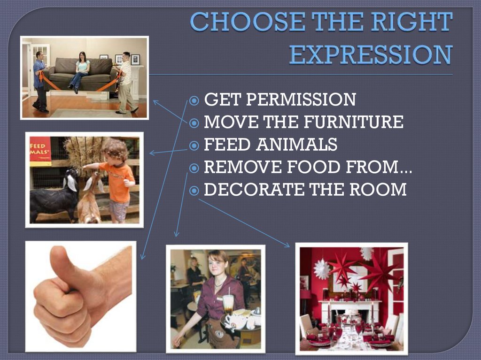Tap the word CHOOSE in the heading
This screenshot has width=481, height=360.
238,22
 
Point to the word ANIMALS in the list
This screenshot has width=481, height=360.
296,145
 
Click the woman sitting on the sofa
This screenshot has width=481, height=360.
82,70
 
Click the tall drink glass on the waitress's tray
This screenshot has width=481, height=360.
228,305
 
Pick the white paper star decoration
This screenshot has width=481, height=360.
322,269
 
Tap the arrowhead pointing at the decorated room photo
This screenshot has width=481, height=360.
287,245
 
